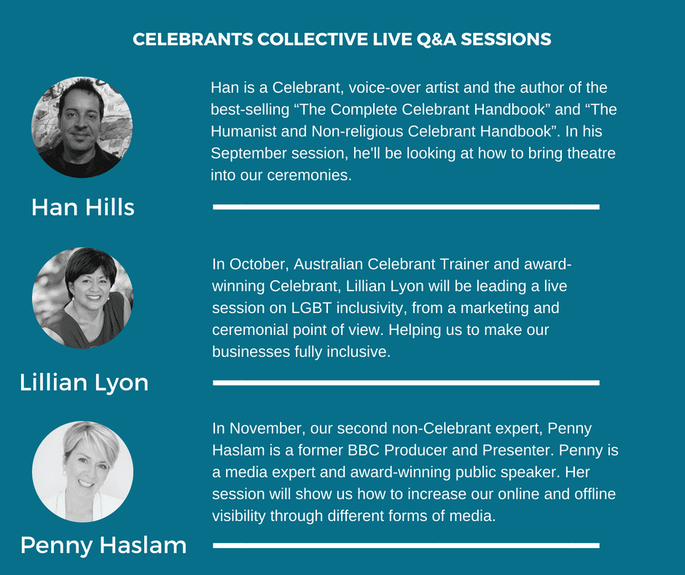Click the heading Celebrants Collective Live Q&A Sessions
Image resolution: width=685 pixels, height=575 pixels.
tap(342, 39)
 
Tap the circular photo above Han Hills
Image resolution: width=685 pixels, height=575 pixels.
tap(82, 128)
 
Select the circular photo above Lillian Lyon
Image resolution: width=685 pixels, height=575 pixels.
tap(82, 298)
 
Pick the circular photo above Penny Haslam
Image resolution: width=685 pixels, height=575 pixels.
tap(82, 471)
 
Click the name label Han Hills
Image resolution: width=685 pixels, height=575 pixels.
tap(83, 207)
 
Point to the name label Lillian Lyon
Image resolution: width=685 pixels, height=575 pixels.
tap(84, 383)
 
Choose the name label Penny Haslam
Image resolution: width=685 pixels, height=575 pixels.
tap(103, 546)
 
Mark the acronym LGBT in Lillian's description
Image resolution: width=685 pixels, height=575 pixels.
tap(311, 308)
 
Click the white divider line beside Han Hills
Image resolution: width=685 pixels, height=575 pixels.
tap(407, 207)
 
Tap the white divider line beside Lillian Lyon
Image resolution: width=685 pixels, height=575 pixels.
tap(407, 383)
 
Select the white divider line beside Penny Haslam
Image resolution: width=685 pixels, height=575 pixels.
tap(407, 546)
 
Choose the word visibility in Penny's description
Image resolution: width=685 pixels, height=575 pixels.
tap(239, 516)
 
